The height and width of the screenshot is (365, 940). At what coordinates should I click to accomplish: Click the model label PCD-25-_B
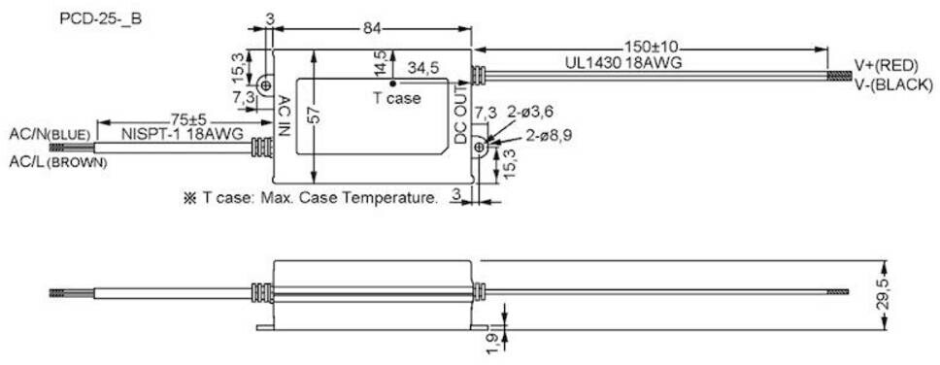[x=101, y=18]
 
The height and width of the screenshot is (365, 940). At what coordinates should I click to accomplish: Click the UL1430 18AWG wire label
[x=622, y=63]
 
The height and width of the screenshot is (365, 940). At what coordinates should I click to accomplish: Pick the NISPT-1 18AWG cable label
[x=183, y=134]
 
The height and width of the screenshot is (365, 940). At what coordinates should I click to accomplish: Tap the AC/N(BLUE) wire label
[x=50, y=134]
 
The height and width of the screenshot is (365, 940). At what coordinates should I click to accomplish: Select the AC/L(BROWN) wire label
[x=58, y=162]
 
